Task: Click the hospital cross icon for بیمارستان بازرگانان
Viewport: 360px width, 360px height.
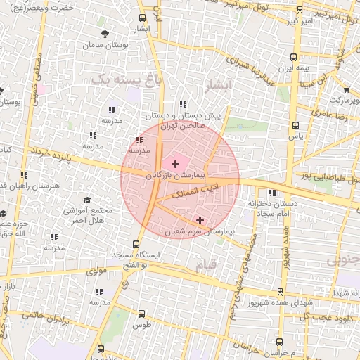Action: (x=175, y=163)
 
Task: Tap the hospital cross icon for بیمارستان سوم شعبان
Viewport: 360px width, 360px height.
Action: (x=200, y=220)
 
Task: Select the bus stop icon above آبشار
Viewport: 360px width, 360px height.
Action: (x=143, y=18)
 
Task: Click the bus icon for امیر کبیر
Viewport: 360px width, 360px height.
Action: (x=300, y=10)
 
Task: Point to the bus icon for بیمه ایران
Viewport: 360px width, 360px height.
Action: (x=294, y=58)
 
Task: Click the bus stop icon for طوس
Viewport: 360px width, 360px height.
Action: (x=142, y=314)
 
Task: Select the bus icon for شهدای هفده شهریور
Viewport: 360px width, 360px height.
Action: (x=280, y=292)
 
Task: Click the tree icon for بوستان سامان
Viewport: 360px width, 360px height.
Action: (x=105, y=33)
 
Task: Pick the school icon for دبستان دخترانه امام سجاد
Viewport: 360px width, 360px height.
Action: (x=272, y=193)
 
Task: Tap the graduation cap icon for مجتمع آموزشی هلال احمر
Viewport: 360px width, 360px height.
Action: (x=87, y=200)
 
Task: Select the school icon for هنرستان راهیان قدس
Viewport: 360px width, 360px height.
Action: (x=24, y=175)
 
